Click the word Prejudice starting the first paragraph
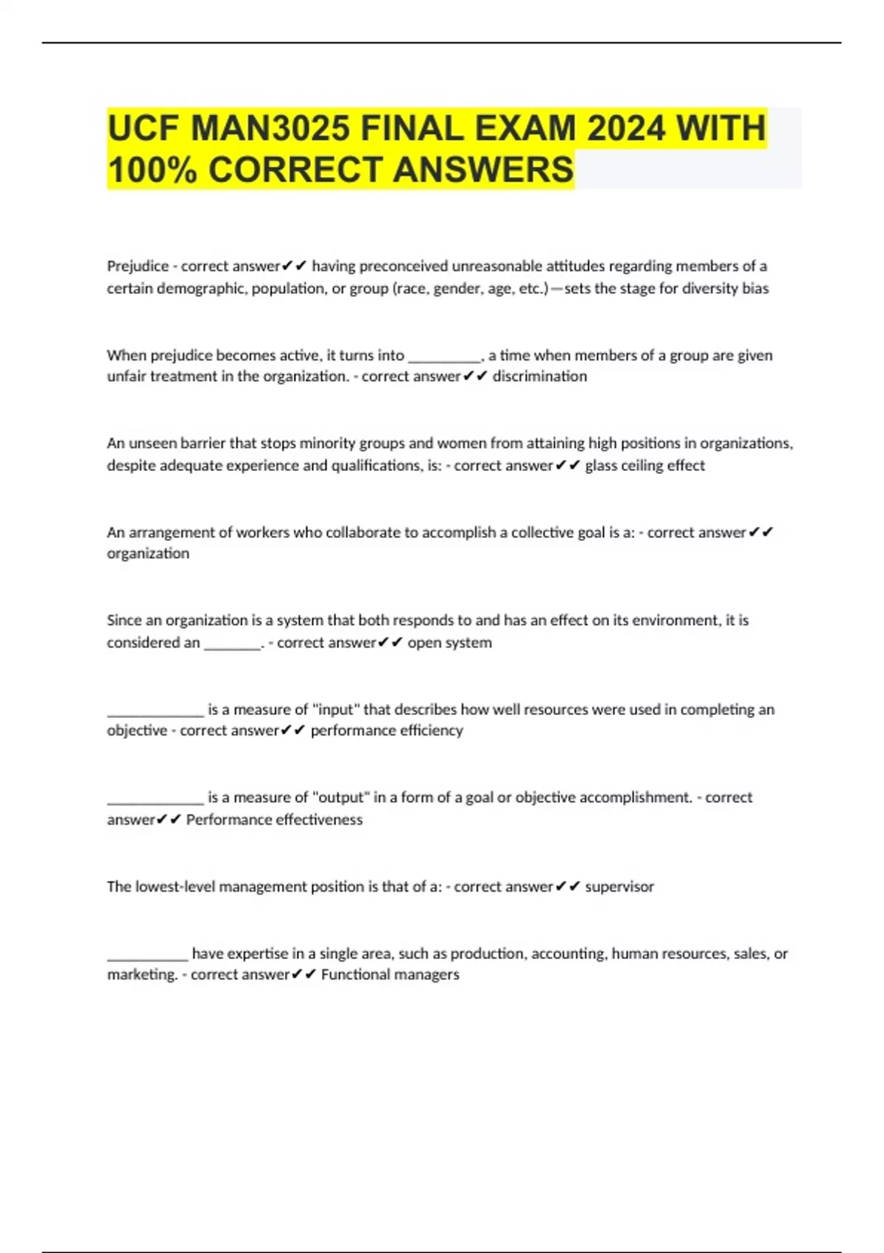pyautogui.click(x=138, y=266)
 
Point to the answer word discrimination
pyautogui.click(x=539, y=377)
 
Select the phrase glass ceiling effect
pyautogui.click(x=645, y=466)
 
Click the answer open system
pyautogui.click(x=449, y=643)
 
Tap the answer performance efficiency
pyautogui.click(x=387, y=730)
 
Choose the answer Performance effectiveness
pyautogui.click(x=274, y=820)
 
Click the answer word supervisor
pyautogui.click(x=619, y=887)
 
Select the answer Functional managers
pyautogui.click(x=390, y=974)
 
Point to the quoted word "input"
pyautogui.click(x=335, y=709)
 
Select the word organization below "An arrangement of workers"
pyautogui.click(x=148, y=554)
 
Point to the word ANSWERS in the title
pyautogui.click(x=483, y=170)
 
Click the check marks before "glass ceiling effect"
pyautogui.click(x=568, y=466)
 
